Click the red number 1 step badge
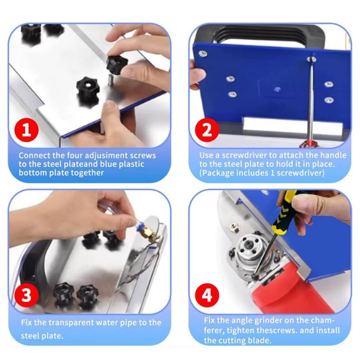coord(26,130)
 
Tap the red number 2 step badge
coord(207,130)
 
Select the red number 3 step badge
coord(26,295)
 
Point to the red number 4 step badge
coord(207,295)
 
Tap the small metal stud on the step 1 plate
coord(110,80)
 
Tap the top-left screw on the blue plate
coord(203,54)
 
